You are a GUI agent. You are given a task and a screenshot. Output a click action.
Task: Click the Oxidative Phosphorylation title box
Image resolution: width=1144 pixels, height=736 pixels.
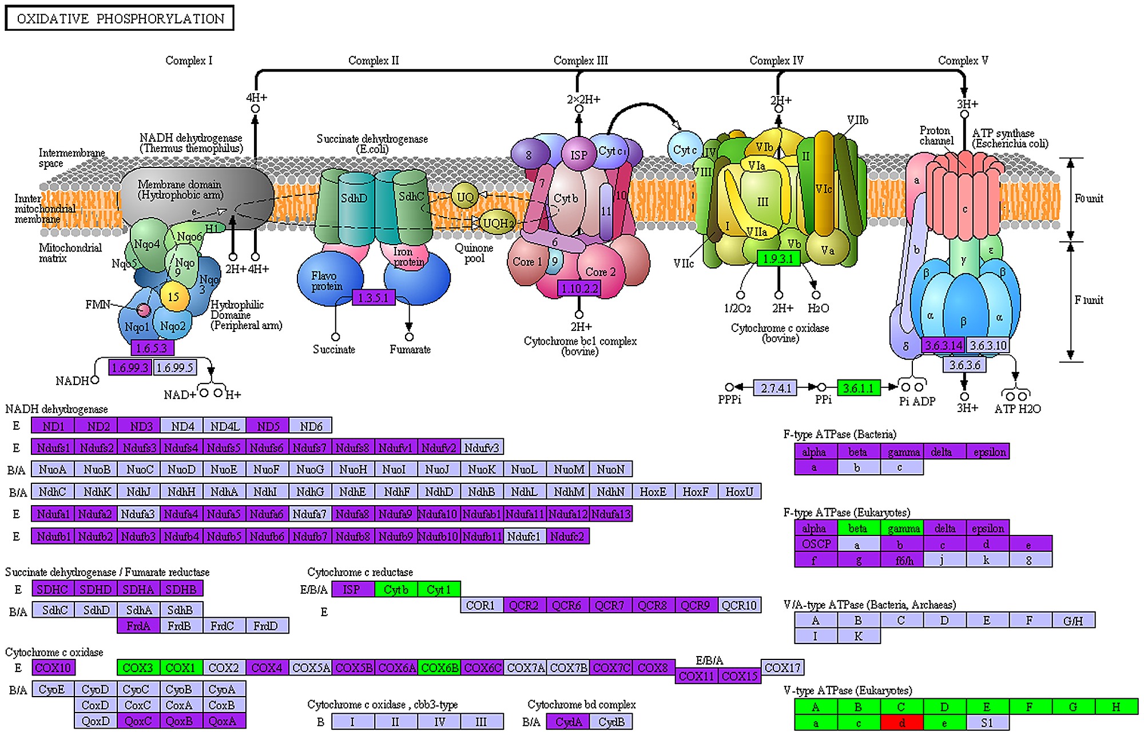120,18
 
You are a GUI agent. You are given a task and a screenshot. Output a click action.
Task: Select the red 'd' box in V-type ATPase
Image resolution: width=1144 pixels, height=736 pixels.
901,723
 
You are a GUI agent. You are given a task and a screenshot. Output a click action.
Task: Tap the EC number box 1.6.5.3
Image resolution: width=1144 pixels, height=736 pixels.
152,347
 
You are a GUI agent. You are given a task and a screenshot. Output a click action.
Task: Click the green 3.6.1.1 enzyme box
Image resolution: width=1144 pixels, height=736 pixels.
859,388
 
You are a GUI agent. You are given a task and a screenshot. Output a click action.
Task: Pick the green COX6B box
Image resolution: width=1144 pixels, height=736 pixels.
439,667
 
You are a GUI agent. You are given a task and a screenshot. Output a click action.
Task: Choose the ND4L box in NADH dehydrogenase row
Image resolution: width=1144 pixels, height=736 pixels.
225,426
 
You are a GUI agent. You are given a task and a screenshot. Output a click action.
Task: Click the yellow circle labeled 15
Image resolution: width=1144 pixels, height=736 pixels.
174,297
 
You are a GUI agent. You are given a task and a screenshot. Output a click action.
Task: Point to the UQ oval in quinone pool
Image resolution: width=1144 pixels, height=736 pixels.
465,197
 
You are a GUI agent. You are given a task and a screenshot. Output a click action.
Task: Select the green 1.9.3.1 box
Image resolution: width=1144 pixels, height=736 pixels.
778,258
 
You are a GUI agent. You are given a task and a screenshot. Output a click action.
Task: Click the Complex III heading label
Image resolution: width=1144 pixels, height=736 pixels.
581,61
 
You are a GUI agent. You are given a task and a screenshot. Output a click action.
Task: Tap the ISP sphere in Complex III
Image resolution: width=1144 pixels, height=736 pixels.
578,155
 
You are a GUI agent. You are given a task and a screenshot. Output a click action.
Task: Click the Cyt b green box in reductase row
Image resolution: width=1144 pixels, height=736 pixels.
396,589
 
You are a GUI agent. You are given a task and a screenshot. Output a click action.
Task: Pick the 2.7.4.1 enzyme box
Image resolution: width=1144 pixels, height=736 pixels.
776,388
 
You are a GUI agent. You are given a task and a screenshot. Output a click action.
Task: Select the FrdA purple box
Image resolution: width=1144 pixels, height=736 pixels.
138,626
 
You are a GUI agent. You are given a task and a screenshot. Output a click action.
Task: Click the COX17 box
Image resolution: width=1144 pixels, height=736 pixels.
782,667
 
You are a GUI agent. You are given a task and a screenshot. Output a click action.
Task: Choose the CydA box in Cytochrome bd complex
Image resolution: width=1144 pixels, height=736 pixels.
568,722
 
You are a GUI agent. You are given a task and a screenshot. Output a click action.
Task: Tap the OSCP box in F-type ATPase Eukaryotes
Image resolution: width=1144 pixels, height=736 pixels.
816,544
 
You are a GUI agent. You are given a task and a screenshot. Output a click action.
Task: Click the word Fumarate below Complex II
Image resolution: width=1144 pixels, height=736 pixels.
410,349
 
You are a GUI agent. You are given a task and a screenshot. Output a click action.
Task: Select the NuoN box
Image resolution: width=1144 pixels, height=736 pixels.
611,469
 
